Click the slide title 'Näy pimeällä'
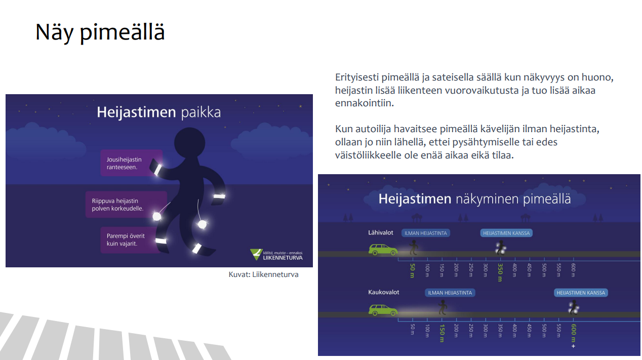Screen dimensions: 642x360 (x=100, y=32)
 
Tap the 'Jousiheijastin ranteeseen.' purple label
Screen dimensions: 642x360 (x=131, y=163)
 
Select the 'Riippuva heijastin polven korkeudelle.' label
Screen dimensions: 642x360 (x=126, y=205)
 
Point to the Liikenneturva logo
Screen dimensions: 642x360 (x=276, y=255)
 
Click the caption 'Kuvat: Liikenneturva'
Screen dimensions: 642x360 (x=263, y=274)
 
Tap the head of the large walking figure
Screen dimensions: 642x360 (x=189, y=142)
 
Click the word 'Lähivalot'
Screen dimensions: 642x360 (x=381, y=232)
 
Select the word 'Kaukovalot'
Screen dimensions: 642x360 (x=383, y=292)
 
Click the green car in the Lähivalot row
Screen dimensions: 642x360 (x=383, y=249)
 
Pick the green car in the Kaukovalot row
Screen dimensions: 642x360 (x=383, y=310)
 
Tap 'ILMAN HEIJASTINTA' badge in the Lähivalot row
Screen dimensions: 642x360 (x=426, y=233)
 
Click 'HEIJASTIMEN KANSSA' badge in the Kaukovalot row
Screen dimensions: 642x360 (x=581, y=293)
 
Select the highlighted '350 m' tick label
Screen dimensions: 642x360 (x=500, y=272)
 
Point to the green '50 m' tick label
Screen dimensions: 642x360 (x=413, y=270)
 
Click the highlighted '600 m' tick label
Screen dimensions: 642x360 (x=573, y=333)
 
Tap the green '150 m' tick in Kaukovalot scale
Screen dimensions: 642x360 (x=442, y=333)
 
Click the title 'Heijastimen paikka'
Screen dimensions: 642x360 (x=159, y=112)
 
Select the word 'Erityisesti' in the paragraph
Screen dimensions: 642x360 (x=356, y=77)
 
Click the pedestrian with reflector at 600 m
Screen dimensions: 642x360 (x=574, y=307)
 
